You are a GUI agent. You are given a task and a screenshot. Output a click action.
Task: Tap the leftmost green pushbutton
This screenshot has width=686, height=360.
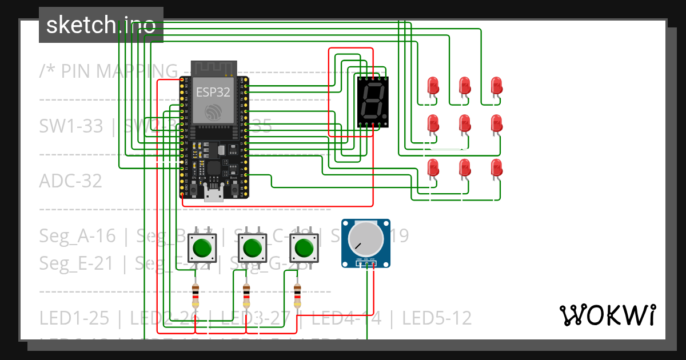point(202,248)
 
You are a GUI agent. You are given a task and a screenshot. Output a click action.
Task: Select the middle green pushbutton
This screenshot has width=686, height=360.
point(252,248)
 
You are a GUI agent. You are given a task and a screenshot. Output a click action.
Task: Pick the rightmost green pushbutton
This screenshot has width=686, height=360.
point(302,248)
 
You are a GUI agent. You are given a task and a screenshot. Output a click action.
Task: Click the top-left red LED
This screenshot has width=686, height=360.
point(433,86)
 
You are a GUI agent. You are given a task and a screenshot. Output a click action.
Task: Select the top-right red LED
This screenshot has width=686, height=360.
point(497,86)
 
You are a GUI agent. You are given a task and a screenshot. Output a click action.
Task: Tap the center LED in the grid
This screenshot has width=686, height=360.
point(465,123)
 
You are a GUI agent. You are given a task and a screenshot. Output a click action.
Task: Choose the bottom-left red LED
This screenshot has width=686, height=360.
point(433,168)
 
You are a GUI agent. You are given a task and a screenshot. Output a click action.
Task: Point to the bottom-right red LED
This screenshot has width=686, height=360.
point(497,168)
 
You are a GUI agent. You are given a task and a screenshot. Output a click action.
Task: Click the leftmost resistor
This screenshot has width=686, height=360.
point(196,295)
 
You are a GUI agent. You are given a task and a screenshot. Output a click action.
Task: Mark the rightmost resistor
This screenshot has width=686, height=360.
point(297,295)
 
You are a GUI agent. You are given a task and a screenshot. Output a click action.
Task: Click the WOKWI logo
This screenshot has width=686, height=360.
point(607,315)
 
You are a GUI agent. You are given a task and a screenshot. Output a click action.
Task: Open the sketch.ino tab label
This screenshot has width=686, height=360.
point(101,25)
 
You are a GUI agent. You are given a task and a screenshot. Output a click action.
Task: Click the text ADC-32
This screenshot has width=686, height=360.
point(70,181)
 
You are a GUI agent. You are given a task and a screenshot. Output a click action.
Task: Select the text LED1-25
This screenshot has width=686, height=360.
point(74,318)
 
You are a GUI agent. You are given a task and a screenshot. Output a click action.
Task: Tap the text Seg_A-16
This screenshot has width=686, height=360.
point(77,235)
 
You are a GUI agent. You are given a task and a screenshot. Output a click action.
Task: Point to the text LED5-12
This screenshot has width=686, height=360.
point(437,318)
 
